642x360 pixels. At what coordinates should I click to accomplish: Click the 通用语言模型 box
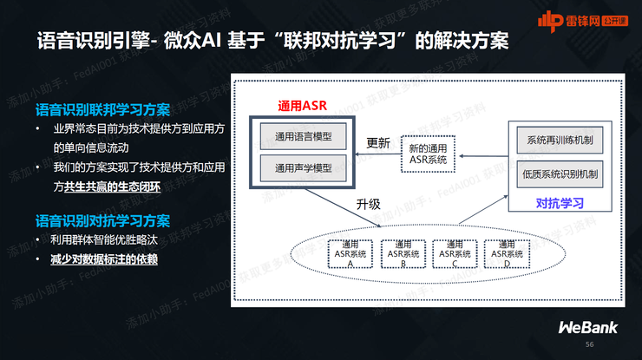coord(303,137)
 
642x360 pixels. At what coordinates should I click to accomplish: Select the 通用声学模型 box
coord(303,167)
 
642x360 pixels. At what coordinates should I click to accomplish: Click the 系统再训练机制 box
coord(560,140)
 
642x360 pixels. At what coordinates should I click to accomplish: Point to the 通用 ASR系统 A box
coord(351,252)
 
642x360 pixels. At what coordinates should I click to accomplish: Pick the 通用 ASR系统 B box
coord(403,252)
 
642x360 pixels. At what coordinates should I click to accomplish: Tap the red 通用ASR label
coord(302,107)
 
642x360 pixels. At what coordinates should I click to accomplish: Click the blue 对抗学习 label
coord(560,204)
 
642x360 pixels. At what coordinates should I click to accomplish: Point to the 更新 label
coord(378,143)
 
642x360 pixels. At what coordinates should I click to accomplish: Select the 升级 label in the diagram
coord(369,205)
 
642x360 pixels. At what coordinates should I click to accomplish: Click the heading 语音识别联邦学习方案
coord(102,110)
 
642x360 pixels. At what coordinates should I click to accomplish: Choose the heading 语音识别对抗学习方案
coord(102,220)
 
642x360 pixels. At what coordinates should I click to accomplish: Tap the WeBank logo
coord(586,327)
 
